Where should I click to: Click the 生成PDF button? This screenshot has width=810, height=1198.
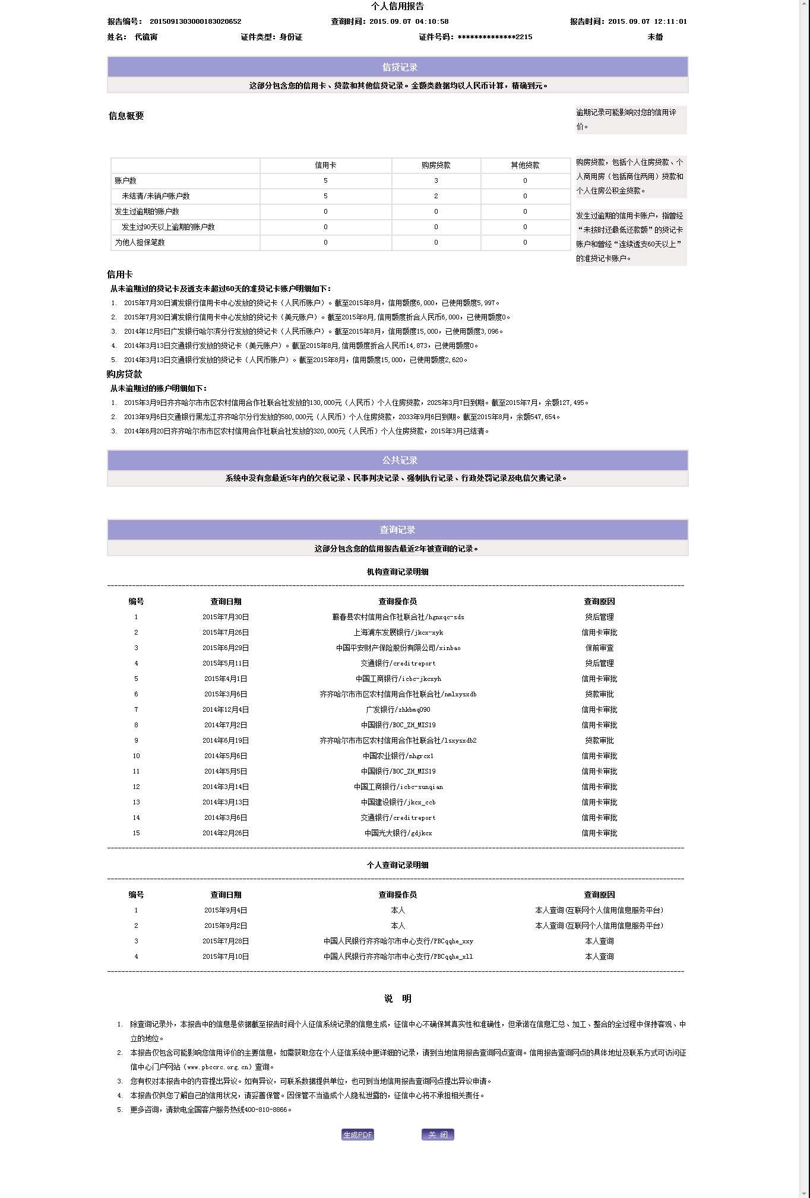click(x=357, y=1134)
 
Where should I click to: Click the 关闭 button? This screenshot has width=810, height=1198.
click(x=438, y=1134)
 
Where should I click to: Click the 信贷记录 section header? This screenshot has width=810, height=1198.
click(x=399, y=67)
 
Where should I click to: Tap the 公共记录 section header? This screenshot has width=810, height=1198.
click(x=399, y=460)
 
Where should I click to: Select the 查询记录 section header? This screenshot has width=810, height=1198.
click(x=397, y=530)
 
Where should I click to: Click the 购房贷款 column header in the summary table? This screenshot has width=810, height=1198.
click(x=436, y=165)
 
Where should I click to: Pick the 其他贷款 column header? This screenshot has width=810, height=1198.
click(x=525, y=165)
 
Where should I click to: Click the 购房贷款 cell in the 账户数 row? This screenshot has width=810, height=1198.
click(x=436, y=180)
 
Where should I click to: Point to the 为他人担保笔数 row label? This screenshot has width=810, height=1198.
click(x=140, y=242)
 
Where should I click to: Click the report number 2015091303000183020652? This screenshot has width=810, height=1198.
click(x=195, y=21)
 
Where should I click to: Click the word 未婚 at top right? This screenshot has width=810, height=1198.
click(x=655, y=37)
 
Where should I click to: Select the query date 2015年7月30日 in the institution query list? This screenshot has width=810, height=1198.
click(x=226, y=617)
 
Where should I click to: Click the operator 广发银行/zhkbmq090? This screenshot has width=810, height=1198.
click(x=398, y=709)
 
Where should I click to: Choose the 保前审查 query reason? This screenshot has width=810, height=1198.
click(x=599, y=648)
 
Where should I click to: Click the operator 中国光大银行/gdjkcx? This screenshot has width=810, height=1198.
click(x=398, y=833)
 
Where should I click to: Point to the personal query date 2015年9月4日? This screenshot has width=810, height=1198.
click(x=226, y=910)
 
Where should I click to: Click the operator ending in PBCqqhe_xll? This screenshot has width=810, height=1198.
click(x=398, y=956)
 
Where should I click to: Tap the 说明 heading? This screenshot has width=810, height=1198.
click(x=397, y=999)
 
